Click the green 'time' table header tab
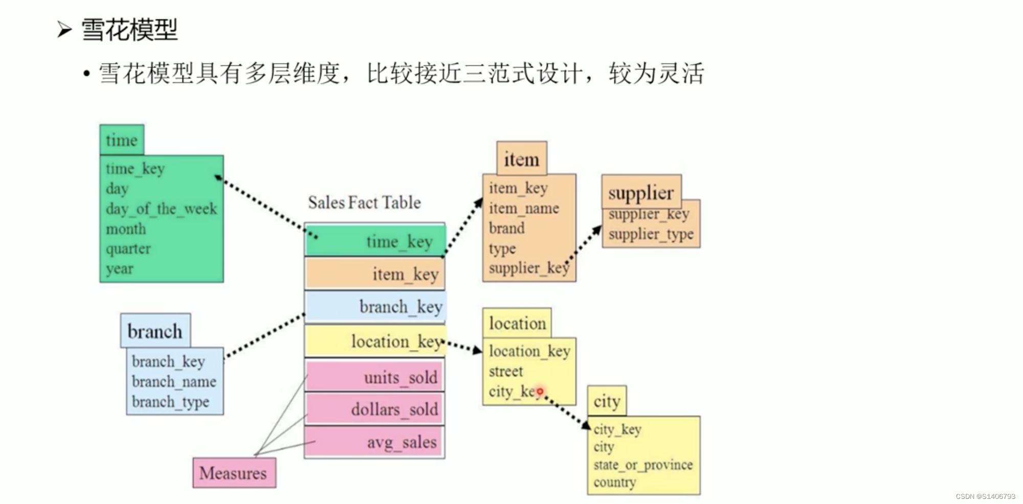pos(122,140)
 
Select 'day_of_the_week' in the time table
pos(161,209)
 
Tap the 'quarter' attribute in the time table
pos(128,249)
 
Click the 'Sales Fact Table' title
pos(364,202)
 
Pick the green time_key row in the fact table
pos(375,241)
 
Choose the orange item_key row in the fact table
pos(375,274)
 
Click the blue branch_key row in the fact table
pos(375,307)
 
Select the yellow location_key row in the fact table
pos(375,341)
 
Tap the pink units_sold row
pos(375,377)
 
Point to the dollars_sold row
pos(375,409)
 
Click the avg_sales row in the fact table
pos(375,442)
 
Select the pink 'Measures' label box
pos(234,473)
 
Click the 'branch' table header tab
pos(155,331)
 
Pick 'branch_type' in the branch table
pos(170,402)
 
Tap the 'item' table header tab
pos(521,159)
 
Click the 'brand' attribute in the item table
pos(506,228)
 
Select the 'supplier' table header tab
pos(641,192)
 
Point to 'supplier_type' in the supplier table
pos(651,234)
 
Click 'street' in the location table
pos(506,372)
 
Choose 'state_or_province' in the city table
pos(643,465)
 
